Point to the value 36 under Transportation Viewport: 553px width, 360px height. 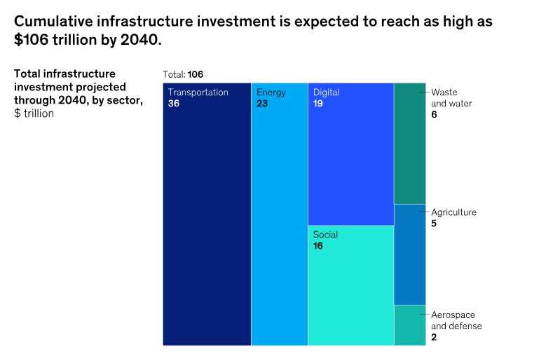174,104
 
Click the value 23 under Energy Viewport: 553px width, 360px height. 262,104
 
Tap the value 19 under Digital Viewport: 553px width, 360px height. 318,104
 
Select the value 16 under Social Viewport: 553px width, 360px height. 318,246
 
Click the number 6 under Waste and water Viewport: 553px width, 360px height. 435,114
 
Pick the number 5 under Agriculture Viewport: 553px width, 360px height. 434,223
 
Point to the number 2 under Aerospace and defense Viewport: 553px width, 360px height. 434,337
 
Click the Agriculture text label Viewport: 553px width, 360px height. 453,212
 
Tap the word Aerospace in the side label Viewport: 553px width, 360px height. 452,315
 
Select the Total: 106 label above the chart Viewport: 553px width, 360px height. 183,74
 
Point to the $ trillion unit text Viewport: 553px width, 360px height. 34,113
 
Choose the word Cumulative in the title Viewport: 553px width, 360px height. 53,22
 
